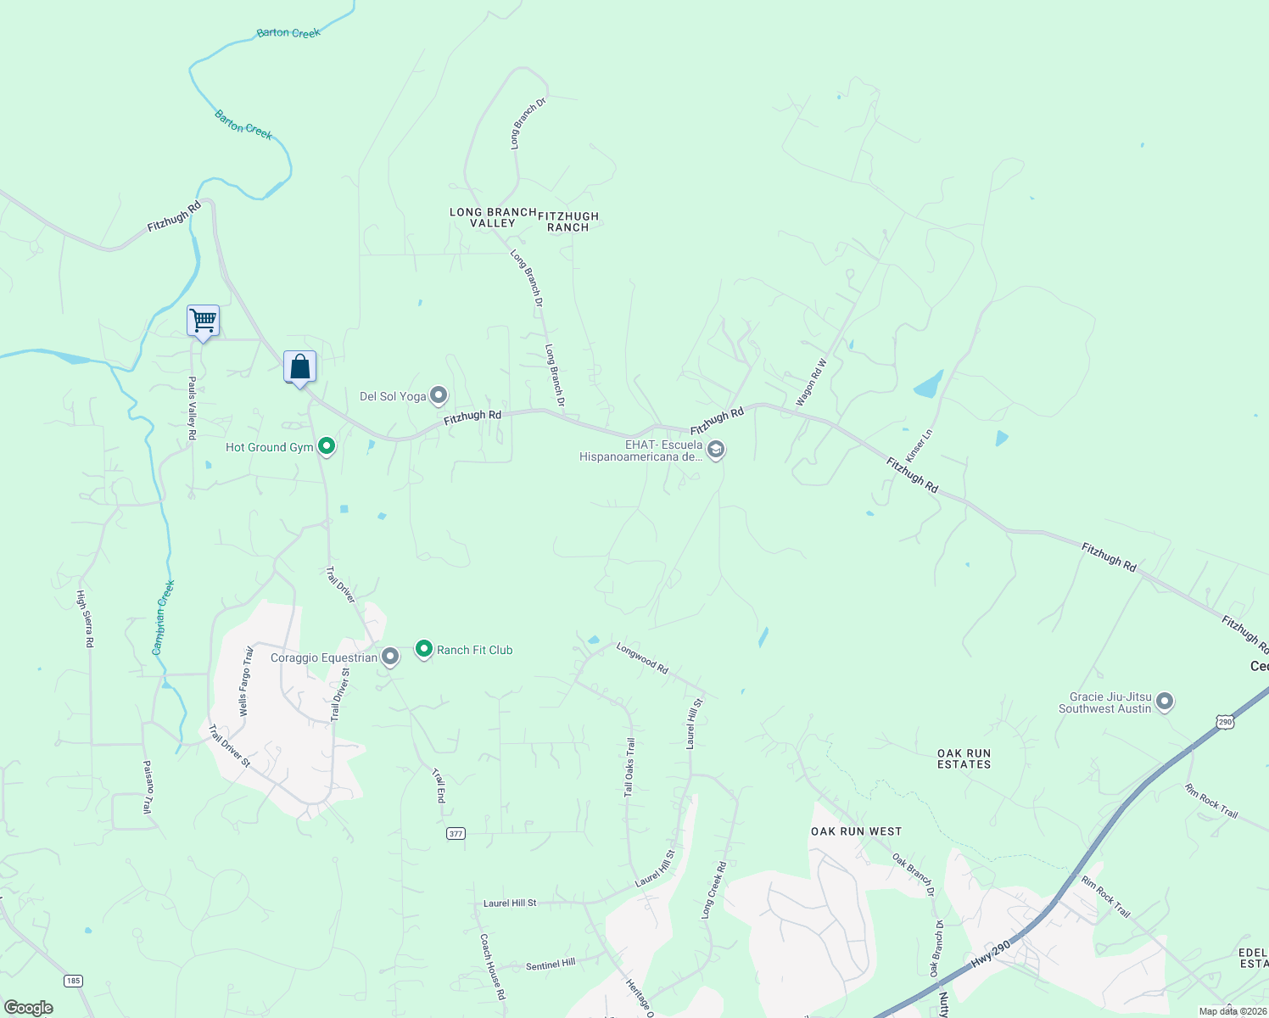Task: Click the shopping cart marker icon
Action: [x=203, y=322]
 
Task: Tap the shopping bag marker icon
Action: [x=299, y=367]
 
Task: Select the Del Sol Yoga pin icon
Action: [x=439, y=395]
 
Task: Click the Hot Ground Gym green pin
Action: [x=326, y=446]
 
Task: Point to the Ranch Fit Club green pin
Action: [x=424, y=649]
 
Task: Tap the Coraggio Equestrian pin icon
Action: [x=390, y=657]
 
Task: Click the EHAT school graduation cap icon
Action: [x=716, y=449]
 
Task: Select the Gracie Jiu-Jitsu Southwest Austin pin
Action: [x=1165, y=702]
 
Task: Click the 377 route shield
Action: [x=456, y=833]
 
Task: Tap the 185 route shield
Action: [x=73, y=981]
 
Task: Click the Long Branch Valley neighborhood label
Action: [x=493, y=217]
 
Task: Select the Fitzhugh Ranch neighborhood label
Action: [x=568, y=221]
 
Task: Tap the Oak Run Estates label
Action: [x=964, y=758]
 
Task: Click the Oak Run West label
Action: [x=856, y=831]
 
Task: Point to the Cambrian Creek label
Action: [x=163, y=617]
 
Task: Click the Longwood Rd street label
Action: [x=642, y=658]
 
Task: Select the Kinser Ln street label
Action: [x=919, y=445]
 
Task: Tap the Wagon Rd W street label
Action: [x=811, y=382]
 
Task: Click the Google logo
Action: [x=28, y=1008]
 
